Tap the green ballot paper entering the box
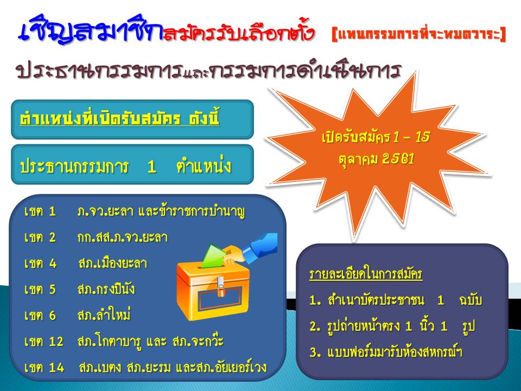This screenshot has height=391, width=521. [213, 256]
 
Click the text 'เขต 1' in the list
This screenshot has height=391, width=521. [40, 211]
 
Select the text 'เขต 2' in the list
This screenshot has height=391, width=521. [40, 237]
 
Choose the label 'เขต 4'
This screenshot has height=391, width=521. [40, 263]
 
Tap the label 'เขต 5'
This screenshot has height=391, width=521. [40, 289]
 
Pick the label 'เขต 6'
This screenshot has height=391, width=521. [40, 315]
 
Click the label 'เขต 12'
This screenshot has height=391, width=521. [43, 342]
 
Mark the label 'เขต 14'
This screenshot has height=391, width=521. [44, 368]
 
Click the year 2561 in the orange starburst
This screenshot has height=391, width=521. [398, 159]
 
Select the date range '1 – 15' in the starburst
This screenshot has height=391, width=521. [411, 137]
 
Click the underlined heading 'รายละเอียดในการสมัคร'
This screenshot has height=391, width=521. [366, 274]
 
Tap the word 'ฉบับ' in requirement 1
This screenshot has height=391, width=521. [471, 300]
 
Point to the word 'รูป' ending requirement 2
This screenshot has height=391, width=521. [468, 326]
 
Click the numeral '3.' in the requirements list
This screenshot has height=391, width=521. [315, 352]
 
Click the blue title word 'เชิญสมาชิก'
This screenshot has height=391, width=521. [90, 30]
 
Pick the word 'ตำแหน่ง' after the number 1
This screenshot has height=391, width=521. [204, 166]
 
